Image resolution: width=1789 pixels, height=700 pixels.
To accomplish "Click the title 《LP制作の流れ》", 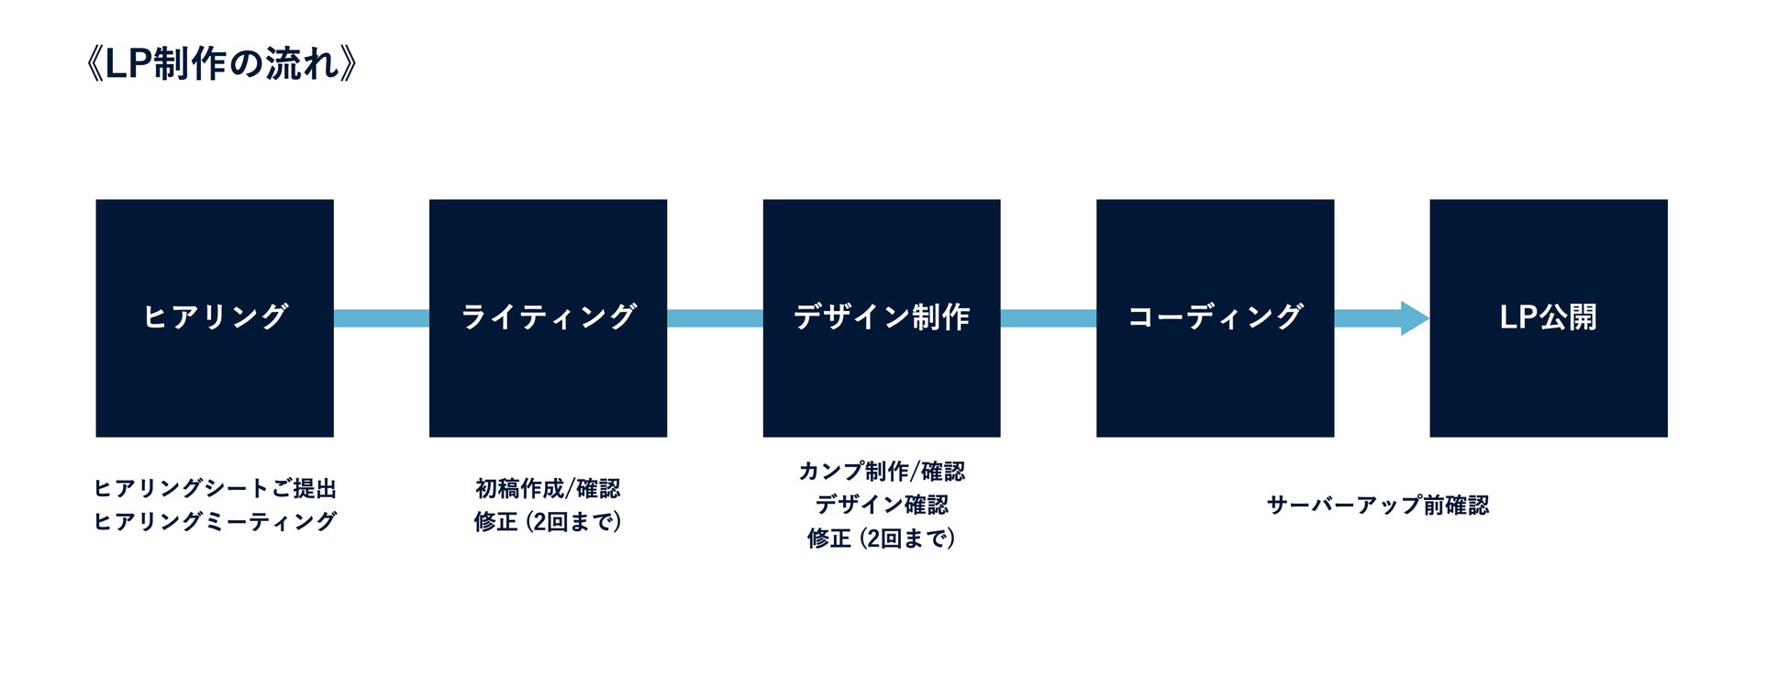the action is click(220, 64).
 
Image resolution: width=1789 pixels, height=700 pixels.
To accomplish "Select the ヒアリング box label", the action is click(215, 317).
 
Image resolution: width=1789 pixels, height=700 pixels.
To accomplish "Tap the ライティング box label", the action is click(548, 317).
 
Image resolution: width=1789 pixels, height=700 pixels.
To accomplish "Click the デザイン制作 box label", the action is click(881, 317).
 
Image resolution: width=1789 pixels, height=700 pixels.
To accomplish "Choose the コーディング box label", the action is click(1215, 317).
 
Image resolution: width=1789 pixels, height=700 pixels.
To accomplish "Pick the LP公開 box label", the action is click(1548, 317).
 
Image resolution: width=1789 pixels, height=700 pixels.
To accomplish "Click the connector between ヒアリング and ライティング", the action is click(381, 318).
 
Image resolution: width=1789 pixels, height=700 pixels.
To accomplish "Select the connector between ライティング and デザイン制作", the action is click(715, 318).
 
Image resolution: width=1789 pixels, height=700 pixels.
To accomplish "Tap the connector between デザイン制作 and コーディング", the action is click(1048, 318).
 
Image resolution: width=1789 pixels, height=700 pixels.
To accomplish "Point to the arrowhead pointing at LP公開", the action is click(1414, 318).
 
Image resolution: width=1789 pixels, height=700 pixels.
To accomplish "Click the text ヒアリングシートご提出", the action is click(215, 488).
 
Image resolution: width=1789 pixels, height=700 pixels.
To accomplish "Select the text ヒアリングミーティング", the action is click(215, 521).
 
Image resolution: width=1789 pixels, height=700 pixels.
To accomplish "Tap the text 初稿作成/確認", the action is click(548, 488).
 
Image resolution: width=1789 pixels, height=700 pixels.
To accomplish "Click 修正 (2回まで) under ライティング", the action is click(548, 521).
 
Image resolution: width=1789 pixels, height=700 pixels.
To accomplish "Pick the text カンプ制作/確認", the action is click(881, 472).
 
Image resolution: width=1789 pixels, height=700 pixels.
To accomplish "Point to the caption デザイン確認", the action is click(881, 505).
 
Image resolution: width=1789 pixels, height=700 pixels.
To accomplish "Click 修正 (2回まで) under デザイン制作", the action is click(881, 538).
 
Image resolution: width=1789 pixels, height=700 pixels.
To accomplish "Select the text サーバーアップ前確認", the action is click(1377, 505).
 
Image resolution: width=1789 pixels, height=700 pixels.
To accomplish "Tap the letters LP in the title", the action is click(128, 64).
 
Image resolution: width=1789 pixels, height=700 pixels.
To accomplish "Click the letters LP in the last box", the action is click(1518, 317).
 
